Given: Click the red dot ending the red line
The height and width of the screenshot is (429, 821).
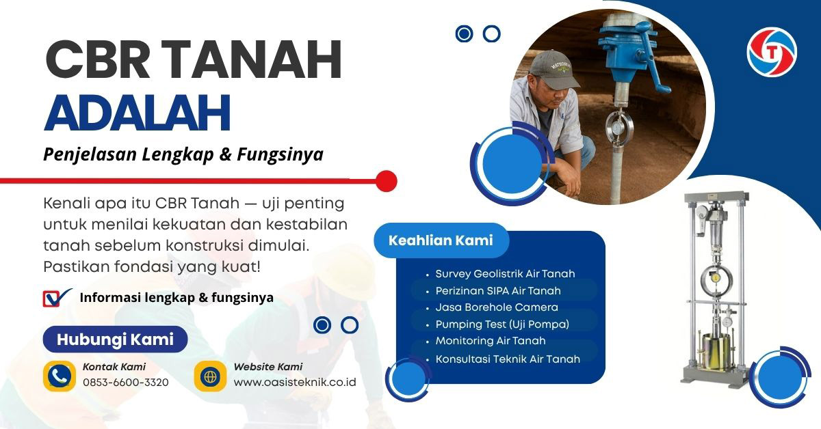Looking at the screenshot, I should (x=387, y=181).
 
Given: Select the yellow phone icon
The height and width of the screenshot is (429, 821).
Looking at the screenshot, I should (x=60, y=376).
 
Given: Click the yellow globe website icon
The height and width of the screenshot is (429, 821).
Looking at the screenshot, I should (x=210, y=376).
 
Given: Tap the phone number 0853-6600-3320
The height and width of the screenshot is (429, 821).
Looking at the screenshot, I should (x=125, y=383).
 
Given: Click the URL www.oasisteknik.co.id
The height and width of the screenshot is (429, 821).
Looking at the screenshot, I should (x=295, y=383).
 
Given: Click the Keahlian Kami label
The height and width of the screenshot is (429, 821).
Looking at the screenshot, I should (x=441, y=240).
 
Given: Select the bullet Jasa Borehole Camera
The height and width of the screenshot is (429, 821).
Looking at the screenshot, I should (x=497, y=307).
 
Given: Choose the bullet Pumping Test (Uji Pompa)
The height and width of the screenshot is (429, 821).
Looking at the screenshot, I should (x=502, y=324).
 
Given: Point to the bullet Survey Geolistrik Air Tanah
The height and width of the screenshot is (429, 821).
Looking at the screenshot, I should (x=505, y=274).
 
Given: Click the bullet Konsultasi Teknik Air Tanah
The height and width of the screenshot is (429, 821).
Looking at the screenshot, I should (x=508, y=359).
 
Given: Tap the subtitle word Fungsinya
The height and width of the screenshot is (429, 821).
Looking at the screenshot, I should (x=280, y=155).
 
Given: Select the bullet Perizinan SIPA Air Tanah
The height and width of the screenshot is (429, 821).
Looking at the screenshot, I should (x=498, y=291).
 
